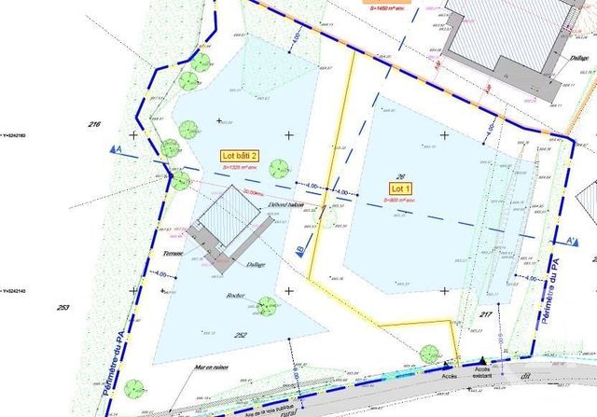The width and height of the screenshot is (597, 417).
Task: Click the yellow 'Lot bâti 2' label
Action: (239, 155)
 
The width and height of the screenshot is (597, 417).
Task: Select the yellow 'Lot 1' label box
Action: (398, 188)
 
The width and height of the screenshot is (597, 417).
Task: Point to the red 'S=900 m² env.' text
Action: (398, 201)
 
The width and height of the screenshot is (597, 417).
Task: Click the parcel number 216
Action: (93, 124)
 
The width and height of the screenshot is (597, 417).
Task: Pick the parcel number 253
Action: (63, 307)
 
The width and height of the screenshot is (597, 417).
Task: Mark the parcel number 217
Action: (485, 315)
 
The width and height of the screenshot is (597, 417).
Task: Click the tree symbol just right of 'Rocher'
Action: (267, 304)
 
